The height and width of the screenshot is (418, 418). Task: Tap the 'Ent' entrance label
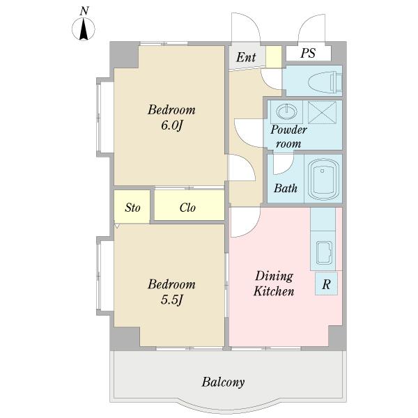[246, 57]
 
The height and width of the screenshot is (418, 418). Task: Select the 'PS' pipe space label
[308, 53]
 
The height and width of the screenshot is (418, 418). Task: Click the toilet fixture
[325, 82]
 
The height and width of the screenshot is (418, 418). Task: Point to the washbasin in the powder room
[286, 111]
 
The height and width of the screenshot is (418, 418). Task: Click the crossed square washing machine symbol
[322, 112]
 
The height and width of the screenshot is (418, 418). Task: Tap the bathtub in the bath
[323, 179]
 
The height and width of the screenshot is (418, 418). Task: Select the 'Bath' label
[285, 188]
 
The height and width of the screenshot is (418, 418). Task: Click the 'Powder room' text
[288, 137]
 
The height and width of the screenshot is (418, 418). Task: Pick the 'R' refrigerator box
[326, 284]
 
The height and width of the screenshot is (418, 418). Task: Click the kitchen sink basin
[325, 252]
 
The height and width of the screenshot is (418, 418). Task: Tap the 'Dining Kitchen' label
[274, 284]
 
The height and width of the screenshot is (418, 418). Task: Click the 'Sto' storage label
[132, 208]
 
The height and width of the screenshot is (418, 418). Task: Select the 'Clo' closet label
[187, 208]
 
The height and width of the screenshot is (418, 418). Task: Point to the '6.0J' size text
[172, 125]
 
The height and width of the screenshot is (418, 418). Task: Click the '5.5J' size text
[172, 300]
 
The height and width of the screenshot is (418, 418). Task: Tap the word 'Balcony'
[223, 382]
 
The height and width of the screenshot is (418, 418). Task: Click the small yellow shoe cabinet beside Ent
[274, 57]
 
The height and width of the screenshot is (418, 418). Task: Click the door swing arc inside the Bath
[288, 168]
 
